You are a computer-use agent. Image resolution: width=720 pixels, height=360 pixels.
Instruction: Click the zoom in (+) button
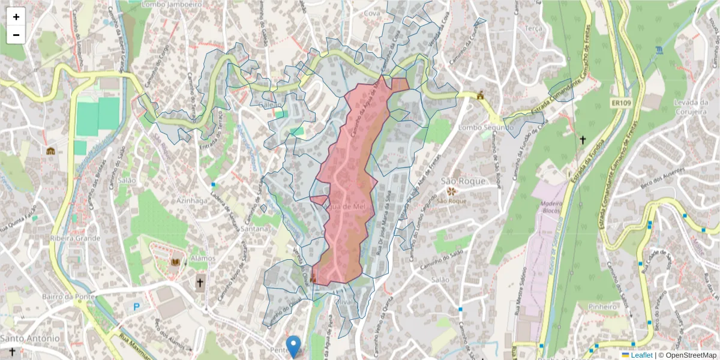(x=16, y=17)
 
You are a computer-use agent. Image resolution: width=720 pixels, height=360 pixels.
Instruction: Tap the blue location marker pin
(x=293, y=346)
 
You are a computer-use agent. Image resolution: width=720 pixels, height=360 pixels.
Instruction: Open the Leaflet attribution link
(x=641, y=355)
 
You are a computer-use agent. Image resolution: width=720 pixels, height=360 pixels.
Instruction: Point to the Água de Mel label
(x=344, y=206)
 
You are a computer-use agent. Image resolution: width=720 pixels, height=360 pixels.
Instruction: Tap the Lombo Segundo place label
(x=485, y=128)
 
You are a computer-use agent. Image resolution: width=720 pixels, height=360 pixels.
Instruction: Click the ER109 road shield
(x=622, y=103)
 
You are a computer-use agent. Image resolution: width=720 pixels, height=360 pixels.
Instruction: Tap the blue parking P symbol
(x=136, y=307)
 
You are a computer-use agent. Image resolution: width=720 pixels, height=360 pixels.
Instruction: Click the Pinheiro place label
(x=603, y=307)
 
